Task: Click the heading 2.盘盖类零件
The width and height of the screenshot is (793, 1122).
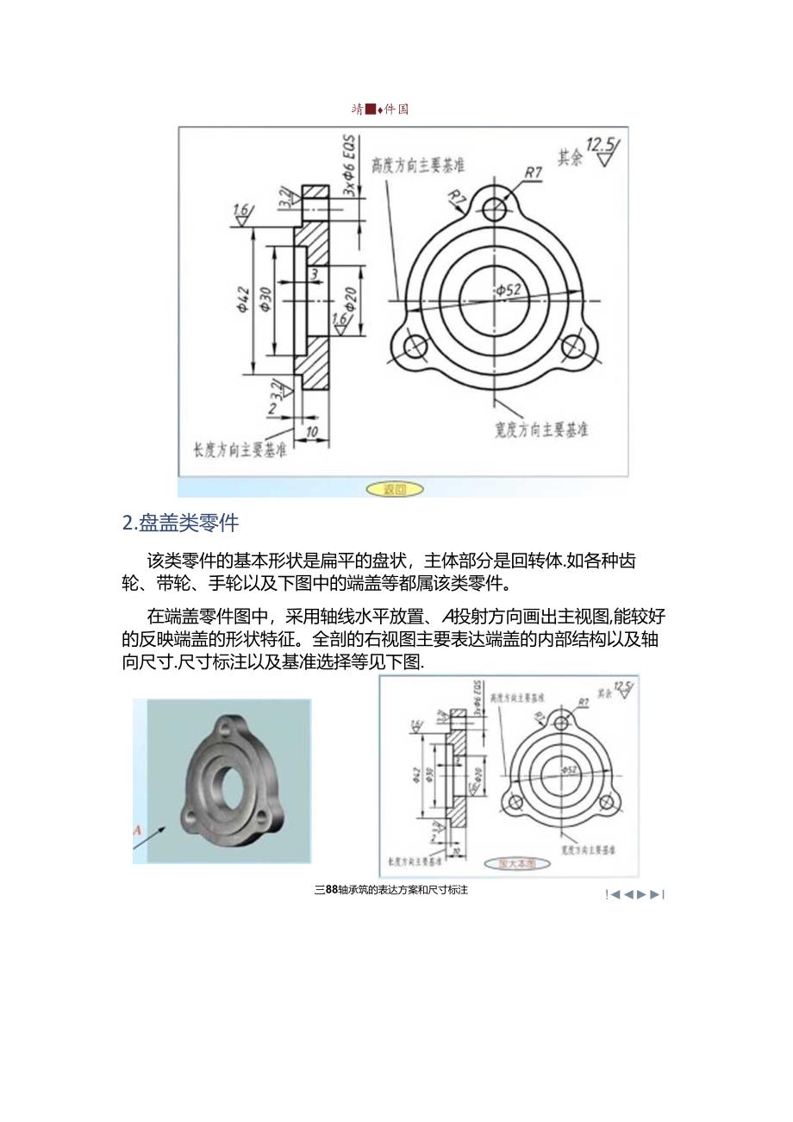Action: (181, 523)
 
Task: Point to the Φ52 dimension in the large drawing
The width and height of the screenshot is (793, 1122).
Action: (509, 291)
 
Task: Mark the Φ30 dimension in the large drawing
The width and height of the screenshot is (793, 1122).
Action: (265, 299)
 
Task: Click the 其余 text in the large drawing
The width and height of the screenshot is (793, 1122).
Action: (571, 158)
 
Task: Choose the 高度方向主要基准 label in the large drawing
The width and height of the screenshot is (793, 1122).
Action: (418, 165)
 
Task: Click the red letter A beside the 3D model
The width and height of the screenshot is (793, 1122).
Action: (136, 830)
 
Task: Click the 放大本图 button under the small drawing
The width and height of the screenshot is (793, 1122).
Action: (512, 862)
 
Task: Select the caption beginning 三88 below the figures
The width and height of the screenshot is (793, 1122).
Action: (391, 890)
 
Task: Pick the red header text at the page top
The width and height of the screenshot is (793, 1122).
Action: (380, 110)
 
